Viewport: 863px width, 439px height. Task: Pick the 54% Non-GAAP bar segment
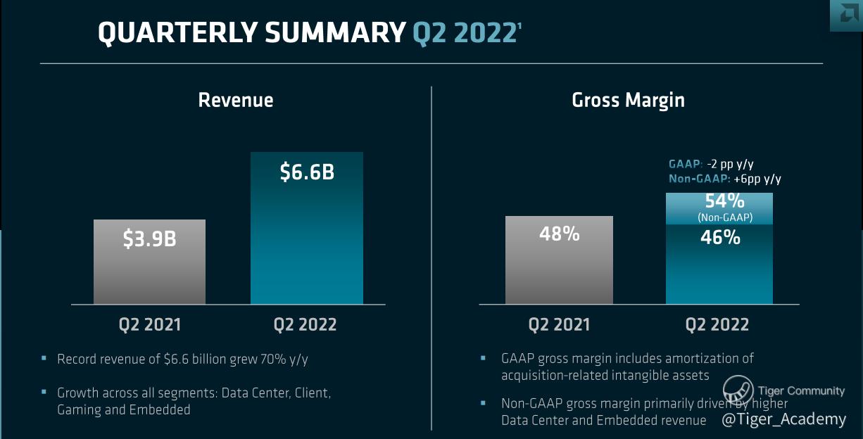click(x=719, y=208)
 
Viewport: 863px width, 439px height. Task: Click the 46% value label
click(x=720, y=238)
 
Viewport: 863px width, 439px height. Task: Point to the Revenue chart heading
click(x=235, y=100)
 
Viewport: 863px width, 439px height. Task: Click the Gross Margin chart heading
click(x=628, y=100)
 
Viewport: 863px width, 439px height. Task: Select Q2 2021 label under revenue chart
click(x=149, y=324)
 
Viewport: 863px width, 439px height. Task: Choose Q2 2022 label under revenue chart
click(x=305, y=324)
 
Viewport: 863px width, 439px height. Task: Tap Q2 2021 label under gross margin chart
click(x=559, y=324)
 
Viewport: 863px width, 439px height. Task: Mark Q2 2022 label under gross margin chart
click(x=717, y=324)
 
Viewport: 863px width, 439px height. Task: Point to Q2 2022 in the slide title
click(x=464, y=33)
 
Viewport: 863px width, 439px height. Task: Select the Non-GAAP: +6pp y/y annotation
click(x=725, y=179)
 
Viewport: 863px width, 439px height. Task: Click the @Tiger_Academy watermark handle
click(x=783, y=419)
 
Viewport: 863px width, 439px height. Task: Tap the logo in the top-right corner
click(x=846, y=15)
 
